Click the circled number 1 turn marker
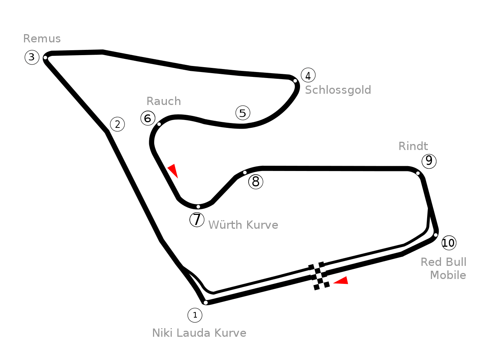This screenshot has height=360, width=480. point(195,315)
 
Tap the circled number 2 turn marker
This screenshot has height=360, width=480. point(117,124)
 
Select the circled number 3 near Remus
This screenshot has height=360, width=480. point(32,57)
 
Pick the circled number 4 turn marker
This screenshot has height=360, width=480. point(308,75)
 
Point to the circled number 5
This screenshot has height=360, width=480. point(243,112)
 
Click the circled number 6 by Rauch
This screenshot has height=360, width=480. point(148,118)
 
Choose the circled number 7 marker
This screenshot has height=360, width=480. point(197,219)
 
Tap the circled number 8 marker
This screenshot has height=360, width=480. point(256,182)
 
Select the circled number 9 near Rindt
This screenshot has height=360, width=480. point(429,161)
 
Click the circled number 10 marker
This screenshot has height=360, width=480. point(448,243)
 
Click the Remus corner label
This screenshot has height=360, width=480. point(42,39)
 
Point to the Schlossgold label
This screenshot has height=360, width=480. point(338,90)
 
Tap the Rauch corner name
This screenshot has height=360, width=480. point(163,101)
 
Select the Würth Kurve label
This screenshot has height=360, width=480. point(243,225)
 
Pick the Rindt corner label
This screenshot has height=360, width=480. point(413,146)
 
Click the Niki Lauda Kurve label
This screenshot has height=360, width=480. point(199,333)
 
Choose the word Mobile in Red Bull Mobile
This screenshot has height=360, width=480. point(448,275)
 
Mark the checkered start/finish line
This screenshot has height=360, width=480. point(319,276)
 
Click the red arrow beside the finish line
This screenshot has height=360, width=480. point(342,280)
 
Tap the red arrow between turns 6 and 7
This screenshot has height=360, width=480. point(173,170)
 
